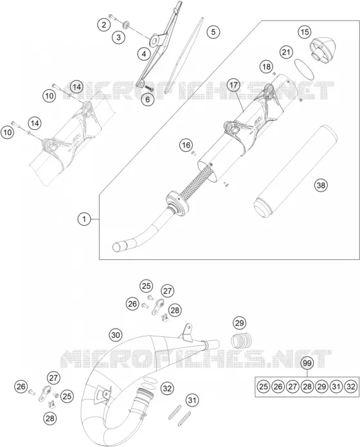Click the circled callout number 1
click(84, 219)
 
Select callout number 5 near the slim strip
click(213, 32)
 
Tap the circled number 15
click(305, 32)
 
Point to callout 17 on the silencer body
click(233, 85)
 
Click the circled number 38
click(321, 185)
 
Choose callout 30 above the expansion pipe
click(116, 334)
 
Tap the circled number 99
click(307, 363)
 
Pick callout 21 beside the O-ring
click(286, 52)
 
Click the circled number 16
click(186, 145)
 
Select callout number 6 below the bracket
click(147, 100)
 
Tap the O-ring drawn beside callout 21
click(305, 70)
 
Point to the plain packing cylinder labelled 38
click(295, 172)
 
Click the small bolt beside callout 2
click(113, 17)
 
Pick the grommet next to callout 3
click(125, 25)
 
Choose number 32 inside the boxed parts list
click(351, 387)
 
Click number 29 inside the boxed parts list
click(321, 387)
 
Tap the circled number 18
click(266, 67)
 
